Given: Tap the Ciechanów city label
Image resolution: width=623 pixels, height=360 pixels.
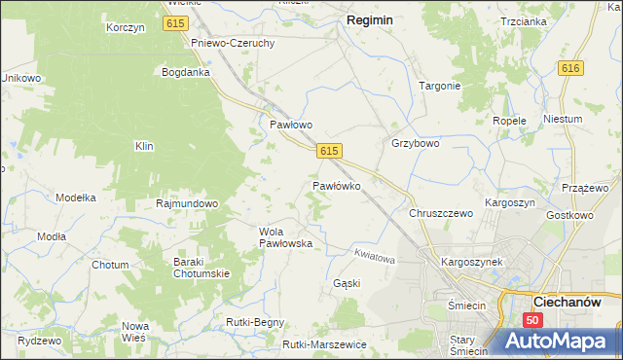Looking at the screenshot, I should coord(578,302).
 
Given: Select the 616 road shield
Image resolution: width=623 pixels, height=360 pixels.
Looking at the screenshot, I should coord(570,67).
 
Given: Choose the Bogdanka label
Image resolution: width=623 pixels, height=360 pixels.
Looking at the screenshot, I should coord(186,72).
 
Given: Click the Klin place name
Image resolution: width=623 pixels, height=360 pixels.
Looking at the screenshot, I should coord(145,146).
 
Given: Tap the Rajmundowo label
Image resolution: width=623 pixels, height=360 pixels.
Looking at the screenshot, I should coord(187,204).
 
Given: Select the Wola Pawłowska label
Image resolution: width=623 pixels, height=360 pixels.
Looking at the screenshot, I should coord(285,237).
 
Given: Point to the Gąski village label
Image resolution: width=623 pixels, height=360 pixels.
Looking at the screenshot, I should coord(347,284).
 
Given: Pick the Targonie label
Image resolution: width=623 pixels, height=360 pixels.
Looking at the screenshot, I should coord(439,86).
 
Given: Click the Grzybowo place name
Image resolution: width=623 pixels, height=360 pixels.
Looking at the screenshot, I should coord(416,143).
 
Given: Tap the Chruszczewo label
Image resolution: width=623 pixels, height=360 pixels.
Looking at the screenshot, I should coord(441,212).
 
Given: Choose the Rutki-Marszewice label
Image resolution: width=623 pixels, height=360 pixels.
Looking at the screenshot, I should coord(324,344).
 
